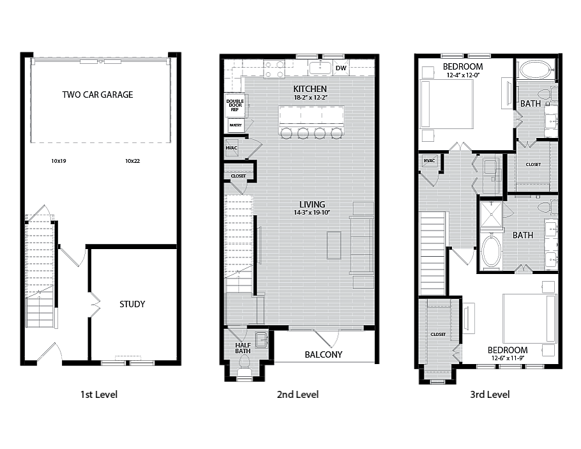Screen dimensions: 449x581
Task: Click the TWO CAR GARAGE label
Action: tap(98, 95)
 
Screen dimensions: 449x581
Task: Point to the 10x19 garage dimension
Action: tap(58, 162)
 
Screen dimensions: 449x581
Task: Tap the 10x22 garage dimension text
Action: tap(132, 162)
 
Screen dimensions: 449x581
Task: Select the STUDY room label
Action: tap(132, 304)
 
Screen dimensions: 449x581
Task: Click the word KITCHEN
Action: tap(310, 89)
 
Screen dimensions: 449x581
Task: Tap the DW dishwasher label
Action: tap(341, 68)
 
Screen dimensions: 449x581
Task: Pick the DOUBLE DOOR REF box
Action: tap(234, 105)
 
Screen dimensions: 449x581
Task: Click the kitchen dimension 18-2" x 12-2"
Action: tap(310, 97)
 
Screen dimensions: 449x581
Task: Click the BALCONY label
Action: tap(323, 354)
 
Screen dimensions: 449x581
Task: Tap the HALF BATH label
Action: tap(243, 347)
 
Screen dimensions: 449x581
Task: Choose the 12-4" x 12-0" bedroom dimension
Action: tap(463, 75)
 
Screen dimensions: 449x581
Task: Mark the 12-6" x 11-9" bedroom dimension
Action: tap(508, 358)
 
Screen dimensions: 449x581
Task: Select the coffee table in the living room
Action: tap(333, 246)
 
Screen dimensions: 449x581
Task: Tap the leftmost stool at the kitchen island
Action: tap(286, 133)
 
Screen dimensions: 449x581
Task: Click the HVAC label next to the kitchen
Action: tap(231, 148)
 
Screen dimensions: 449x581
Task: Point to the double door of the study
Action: tap(94, 305)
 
